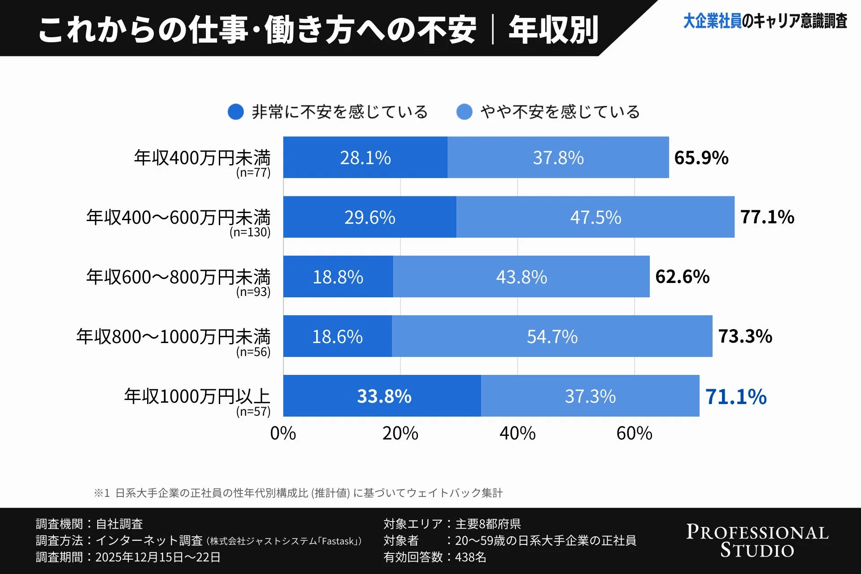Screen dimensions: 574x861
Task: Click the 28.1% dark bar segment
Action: pyautogui.click(x=365, y=157)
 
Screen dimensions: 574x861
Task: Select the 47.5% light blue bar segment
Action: pyautogui.click(x=595, y=217)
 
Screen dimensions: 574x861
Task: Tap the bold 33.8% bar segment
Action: pyautogui.click(x=383, y=396)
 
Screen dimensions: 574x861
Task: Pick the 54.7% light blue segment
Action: pyautogui.click(x=552, y=336)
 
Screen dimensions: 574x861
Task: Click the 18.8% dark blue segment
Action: pyautogui.click(x=338, y=277)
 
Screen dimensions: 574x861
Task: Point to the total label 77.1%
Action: pyautogui.click(x=767, y=217)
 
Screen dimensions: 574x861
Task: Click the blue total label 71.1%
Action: pyautogui.click(x=735, y=397)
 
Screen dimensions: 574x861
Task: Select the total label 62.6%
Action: pyautogui.click(x=682, y=277)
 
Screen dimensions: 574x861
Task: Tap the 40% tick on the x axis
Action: pyautogui.click(x=517, y=433)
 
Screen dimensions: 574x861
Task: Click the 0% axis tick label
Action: pyautogui.click(x=283, y=433)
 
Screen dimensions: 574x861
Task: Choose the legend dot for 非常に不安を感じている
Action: pyautogui.click(x=235, y=112)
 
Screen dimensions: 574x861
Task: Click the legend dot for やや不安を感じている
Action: pyautogui.click(x=464, y=112)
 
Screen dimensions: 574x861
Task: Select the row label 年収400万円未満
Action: pyautogui.click(x=202, y=157)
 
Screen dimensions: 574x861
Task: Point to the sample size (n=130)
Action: pyautogui.click(x=250, y=232)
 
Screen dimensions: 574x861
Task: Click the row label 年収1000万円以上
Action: pyautogui.click(x=197, y=396)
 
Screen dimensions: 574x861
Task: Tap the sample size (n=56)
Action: pyautogui.click(x=253, y=352)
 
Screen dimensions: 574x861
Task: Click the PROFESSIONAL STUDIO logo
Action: pyautogui.click(x=757, y=541)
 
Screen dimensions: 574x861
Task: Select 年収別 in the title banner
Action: pyautogui.click(x=553, y=30)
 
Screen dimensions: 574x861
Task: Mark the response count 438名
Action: pyautogui.click(x=470, y=557)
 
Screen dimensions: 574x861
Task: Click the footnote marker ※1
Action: pyautogui.click(x=102, y=493)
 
